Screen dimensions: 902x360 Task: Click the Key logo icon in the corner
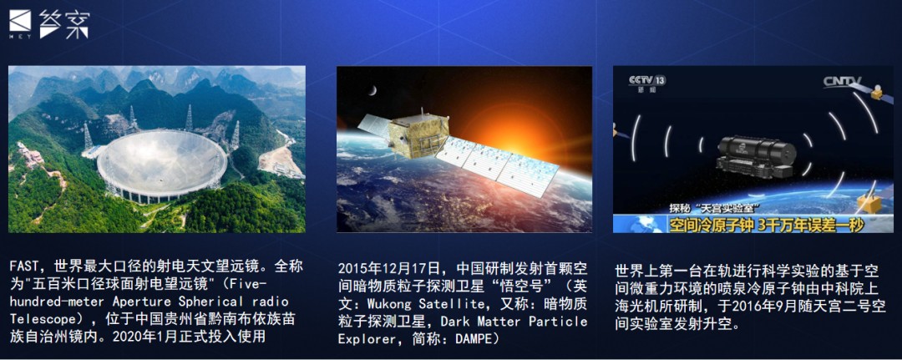point(20,24)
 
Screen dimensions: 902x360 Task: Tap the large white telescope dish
point(162,165)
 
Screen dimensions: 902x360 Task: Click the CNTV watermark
point(842,82)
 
